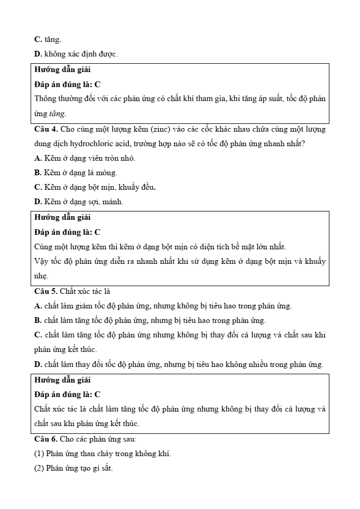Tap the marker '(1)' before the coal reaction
tap(39, 454)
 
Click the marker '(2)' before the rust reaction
tap(39, 469)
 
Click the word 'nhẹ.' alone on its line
tap(41, 276)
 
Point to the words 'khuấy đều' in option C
tap(141, 187)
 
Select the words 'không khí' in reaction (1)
tap(155, 454)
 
